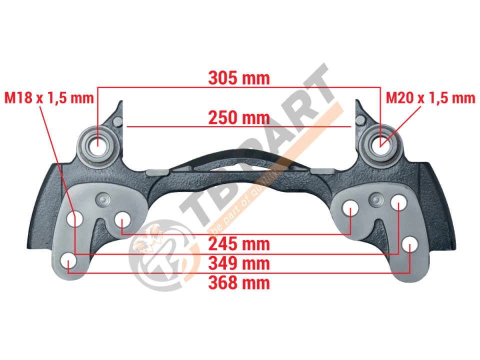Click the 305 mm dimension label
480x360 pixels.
239,78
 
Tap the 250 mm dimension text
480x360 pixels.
239,118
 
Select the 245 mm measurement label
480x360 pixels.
239,244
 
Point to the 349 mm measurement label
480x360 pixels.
239,263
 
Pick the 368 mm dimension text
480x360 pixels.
239,282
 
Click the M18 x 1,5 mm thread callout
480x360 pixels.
49,98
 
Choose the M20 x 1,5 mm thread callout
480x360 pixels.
430,98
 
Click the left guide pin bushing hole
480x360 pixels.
97,142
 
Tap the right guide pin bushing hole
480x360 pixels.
380,142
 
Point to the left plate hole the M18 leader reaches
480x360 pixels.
74,218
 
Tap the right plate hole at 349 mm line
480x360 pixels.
398,202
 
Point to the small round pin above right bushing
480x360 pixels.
361,121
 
